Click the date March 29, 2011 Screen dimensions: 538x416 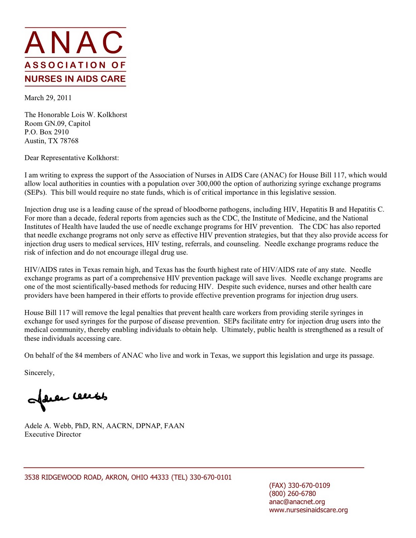pyautogui.click(x=48, y=98)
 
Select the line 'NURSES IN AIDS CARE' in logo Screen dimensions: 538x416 pyautogui.click(x=75, y=79)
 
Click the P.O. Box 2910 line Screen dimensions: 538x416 pyautogui.click(x=46, y=132)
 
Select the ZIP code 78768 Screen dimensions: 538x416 pyautogui.click(x=69, y=141)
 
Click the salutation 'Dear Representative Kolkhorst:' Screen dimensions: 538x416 pyautogui.click(x=72, y=158)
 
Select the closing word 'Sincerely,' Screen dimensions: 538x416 pyautogui.click(x=39, y=373)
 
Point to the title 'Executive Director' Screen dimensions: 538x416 pyautogui.click(x=53, y=434)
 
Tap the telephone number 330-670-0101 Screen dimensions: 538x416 pyautogui.click(x=210, y=477)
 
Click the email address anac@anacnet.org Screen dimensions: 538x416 pyautogui.click(x=297, y=502)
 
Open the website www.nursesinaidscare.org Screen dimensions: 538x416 pyautogui.click(x=308, y=510)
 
